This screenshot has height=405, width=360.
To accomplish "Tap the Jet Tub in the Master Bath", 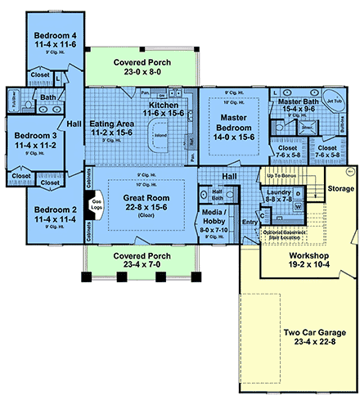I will coord(334,105).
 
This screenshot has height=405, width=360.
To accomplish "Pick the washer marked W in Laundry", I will coord(298,207).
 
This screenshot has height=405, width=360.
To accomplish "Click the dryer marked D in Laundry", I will coord(298,193).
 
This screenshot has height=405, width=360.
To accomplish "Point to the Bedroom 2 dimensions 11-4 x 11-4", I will coord(55,220).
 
